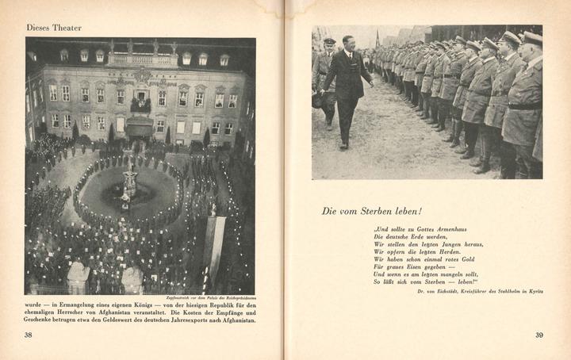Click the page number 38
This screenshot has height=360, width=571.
point(29,335)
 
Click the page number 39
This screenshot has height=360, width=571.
point(538,335)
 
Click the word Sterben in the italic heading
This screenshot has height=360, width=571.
point(372,211)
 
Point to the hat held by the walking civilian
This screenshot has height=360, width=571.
point(319,100)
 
